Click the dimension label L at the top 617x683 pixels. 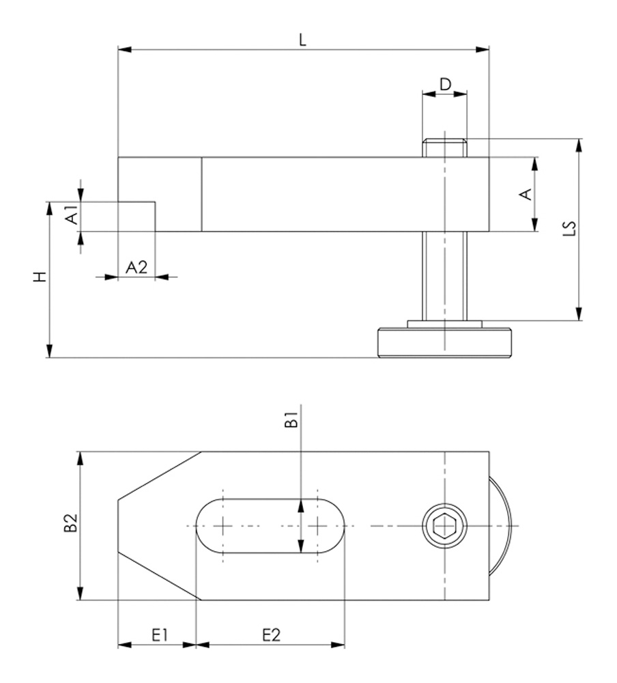click(x=303, y=40)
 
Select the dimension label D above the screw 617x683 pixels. click(x=445, y=84)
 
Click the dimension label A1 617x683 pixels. click(x=71, y=217)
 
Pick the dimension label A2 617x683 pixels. click(x=137, y=267)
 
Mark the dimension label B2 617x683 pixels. click(x=70, y=524)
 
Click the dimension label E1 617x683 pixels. click(x=159, y=635)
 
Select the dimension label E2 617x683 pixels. click(x=271, y=635)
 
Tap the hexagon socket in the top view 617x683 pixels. click(x=444, y=526)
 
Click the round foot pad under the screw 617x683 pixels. click(x=444, y=342)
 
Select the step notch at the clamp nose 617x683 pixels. click(x=137, y=216)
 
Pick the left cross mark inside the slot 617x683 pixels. click(x=223, y=526)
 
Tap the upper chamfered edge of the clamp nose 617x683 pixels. click(x=160, y=475)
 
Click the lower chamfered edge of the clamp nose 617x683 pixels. click(x=160, y=576)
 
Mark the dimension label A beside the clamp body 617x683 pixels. click(x=526, y=195)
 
